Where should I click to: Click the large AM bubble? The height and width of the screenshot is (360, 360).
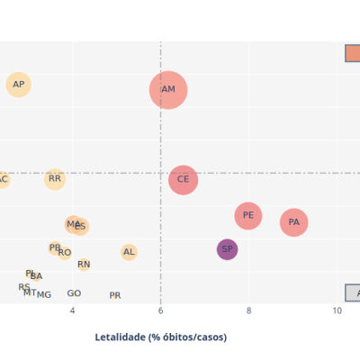168,90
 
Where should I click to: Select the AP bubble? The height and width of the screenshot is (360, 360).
18,85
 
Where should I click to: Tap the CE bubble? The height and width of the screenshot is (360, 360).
183,179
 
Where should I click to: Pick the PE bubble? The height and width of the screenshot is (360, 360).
248,216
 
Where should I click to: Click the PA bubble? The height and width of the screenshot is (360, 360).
293,222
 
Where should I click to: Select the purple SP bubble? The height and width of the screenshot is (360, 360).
227,249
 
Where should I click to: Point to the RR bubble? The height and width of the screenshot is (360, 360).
55,179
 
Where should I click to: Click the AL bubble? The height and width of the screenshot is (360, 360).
129,253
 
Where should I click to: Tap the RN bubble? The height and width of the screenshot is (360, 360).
84,265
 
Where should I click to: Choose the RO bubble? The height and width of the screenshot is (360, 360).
65,253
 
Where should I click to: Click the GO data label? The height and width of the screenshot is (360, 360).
74,293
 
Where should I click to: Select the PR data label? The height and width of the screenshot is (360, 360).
115,295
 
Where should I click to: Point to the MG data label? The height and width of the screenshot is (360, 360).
44,294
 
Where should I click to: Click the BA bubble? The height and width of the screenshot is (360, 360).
36,276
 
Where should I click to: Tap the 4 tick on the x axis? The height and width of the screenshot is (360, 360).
73,310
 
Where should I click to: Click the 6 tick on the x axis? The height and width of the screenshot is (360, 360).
161,310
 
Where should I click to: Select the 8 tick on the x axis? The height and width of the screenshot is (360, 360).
249,310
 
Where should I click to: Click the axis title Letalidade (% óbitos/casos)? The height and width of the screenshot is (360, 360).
161,337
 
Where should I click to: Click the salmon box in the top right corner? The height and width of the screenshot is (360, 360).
352,53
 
